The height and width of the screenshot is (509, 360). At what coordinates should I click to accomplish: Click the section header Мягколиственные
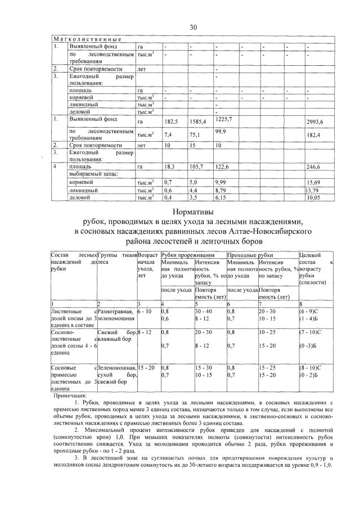(88, 38)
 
